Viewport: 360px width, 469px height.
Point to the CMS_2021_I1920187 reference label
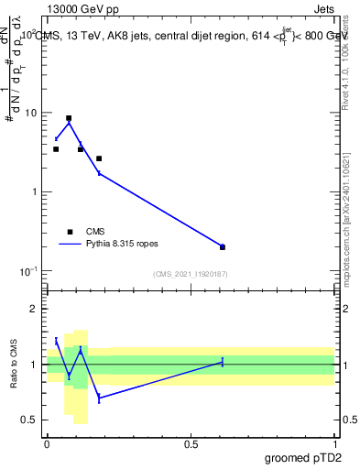pyautogui.click(x=191, y=274)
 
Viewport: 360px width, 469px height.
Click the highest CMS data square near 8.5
pyautogui.click(x=69, y=118)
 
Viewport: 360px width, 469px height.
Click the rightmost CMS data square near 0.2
pyautogui.click(x=223, y=246)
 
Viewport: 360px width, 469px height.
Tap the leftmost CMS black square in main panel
pyautogui.click(x=56, y=148)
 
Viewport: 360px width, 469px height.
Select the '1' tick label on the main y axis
pyautogui.click(x=36, y=192)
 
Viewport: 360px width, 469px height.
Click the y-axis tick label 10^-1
pyautogui.click(x=30, y=271)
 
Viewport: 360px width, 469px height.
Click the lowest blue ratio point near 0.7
pyautogui.click(x=99, y=398)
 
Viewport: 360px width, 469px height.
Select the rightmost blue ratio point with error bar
pyautogui.click(x=223, y=362)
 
